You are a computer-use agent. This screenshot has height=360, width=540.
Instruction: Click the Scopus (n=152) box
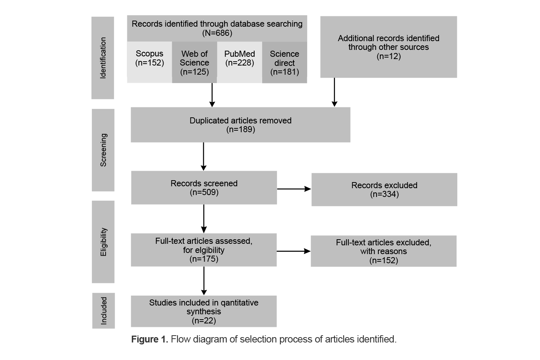pyautogui.click(x=149, y=62)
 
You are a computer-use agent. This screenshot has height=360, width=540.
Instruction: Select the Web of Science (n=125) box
pyautogui.click(x=194, y=62)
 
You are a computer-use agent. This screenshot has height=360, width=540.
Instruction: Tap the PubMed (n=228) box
pyautogui.click(x=240, y=62)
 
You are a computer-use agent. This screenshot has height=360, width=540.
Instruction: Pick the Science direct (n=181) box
pyautogui.click(x=284, y=62)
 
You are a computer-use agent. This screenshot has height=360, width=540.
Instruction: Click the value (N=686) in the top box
pyautogui.click(x=217, y=33)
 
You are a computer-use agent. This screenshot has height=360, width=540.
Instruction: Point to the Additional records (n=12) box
pyautogui.click(x=388, y=47)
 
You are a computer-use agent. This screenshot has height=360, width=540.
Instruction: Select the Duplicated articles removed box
pyautogui.click(x=240, y=125)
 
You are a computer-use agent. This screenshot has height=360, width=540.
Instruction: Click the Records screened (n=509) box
pyautogui.click(x=204, y=187)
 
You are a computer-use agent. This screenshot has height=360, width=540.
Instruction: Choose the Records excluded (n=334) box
pyautogui.click(x=384, y=190)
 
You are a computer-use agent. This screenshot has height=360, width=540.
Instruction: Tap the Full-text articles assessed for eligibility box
pyautogui.click(x=204, y=250)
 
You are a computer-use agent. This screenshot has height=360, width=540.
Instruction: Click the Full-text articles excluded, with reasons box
pyautogui.click(x=383, y=251)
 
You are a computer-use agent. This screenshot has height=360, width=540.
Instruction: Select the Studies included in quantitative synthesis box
pyautogui.click(x=204, y=311)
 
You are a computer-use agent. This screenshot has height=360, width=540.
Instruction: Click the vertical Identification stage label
pyautogui.click(x=103, y=58)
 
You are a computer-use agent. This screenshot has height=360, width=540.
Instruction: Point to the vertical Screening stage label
pyautogui.click(x=103, y=150)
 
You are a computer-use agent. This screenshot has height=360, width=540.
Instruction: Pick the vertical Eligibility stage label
pyautogui.click(x=103, y=242)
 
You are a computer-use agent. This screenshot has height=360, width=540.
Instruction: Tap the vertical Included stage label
pyautogui.click(x=104, y=311)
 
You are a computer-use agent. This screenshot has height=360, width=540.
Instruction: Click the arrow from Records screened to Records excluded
pyautogui.click(x=294, y=189)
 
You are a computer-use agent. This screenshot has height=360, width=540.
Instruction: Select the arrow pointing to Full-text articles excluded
pyautogui.click(x=293, y=251)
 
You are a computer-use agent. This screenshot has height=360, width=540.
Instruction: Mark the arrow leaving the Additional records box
pyautogui.click(x=334, y=92)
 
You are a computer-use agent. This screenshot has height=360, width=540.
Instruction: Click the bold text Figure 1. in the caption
pyautogui.click(x=149, y=339)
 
